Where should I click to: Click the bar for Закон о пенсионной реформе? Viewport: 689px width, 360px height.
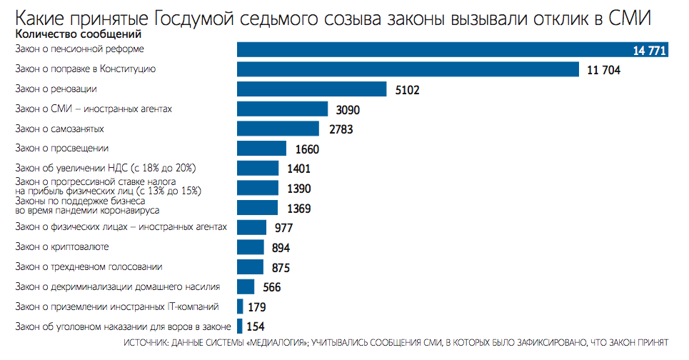coord(428,49)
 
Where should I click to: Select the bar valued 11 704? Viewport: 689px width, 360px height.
coord(408,69)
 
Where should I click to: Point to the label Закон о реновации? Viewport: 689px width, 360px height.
coord(56,89)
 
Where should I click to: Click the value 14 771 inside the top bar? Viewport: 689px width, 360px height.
coord(650,50)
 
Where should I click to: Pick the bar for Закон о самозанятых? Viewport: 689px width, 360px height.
coord(278,129)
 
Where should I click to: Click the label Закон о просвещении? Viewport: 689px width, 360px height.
coord(61,148)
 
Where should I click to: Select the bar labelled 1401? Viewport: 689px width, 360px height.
coord(258,169)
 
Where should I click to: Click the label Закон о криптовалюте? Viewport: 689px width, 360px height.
coord(61,246)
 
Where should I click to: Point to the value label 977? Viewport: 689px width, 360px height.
coord(285,229)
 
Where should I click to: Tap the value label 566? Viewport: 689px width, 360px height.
coord(271,287)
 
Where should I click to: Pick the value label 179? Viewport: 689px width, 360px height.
coord(256,307)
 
